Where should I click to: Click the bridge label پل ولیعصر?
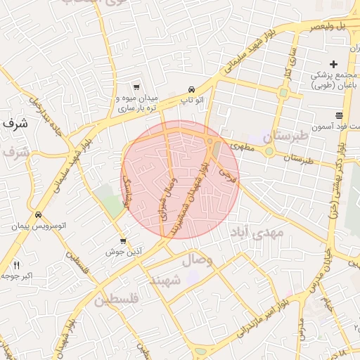click(x=330, y=26)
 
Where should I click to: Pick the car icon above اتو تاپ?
click(x=192, y=89)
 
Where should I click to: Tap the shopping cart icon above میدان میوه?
click(x=136, y=86)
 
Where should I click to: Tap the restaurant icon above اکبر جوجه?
click(x=17, y=264)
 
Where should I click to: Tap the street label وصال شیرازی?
click(x=169, y=199)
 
